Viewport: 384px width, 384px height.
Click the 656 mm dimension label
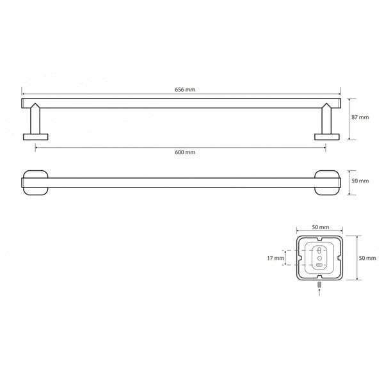click(x=185, y=90)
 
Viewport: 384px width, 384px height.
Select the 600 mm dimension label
click(x=185, y=152)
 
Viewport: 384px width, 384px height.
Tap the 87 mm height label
click(x=360, y=117)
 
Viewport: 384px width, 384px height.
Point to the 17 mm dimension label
click(x=275, y=258)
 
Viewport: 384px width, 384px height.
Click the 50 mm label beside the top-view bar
click(x=360, y=181)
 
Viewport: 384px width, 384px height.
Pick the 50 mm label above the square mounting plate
click(x=321, y=227)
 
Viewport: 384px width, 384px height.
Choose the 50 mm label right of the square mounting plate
click(x=367, y=258)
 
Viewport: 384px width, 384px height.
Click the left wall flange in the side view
click(x=35, y=137)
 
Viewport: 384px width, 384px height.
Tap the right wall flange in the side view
click(x=327, y=137)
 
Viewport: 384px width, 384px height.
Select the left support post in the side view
click(x=35, y=118)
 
